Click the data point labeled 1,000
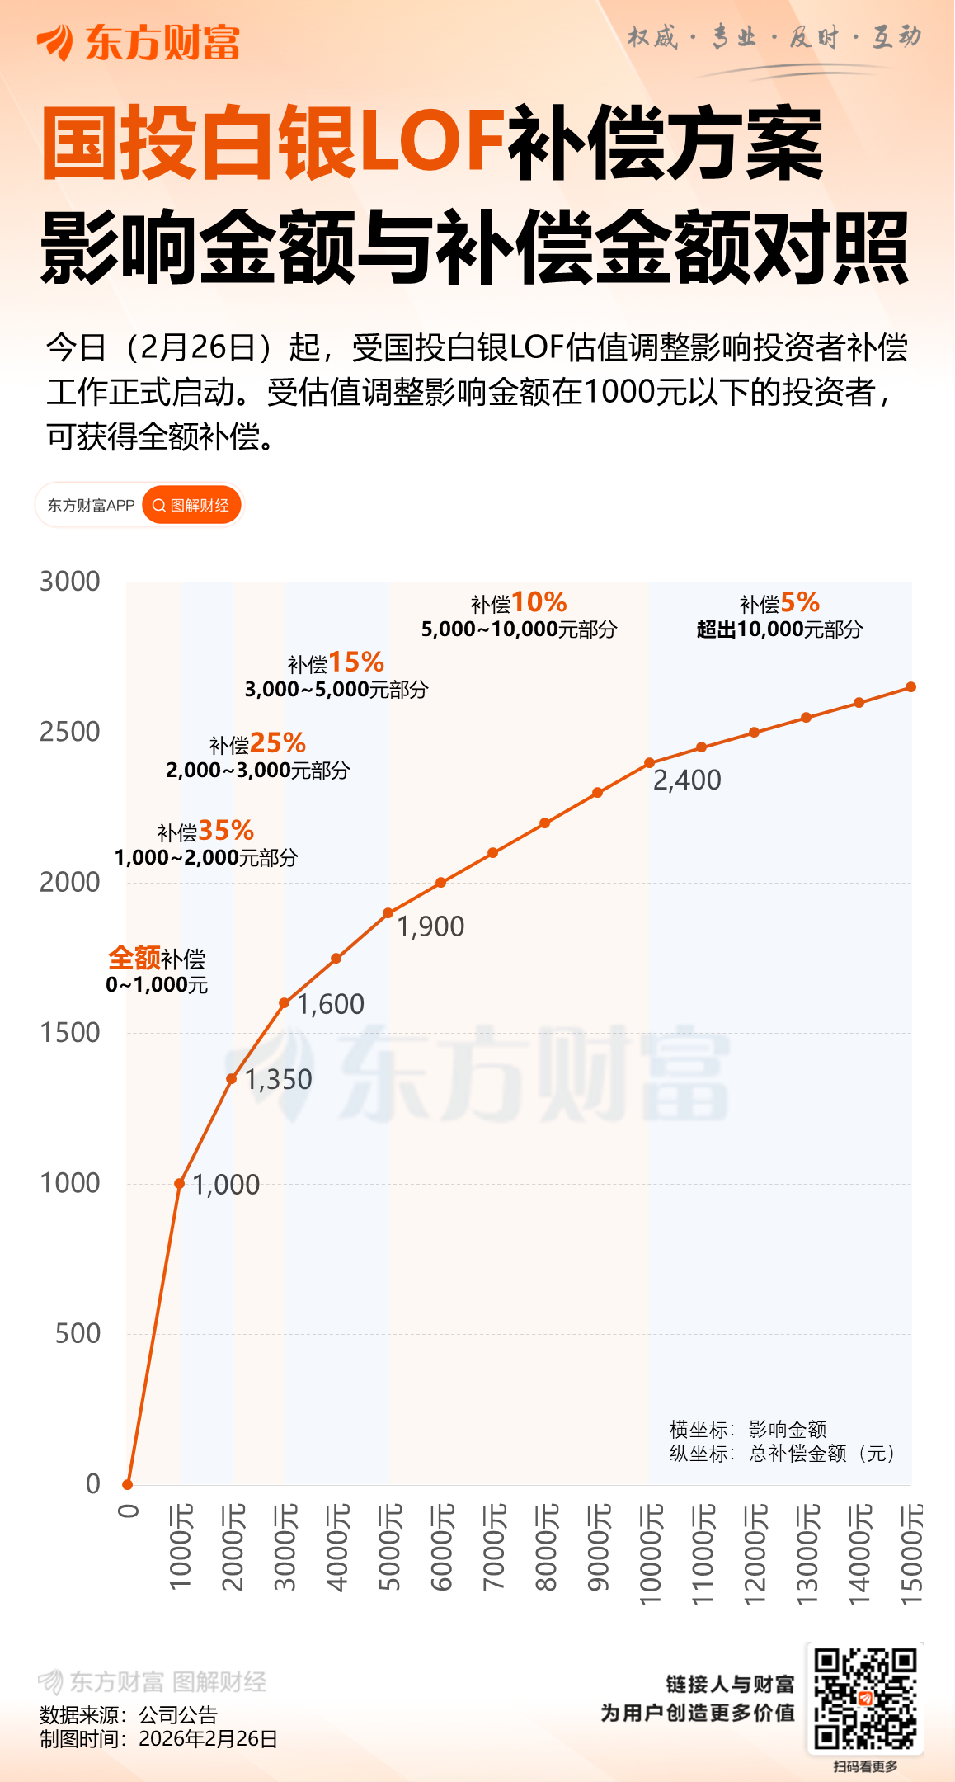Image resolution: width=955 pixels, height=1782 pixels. [180, 1183]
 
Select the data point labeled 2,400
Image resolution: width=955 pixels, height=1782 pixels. [650, 763]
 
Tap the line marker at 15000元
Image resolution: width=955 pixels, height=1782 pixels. [911, 687]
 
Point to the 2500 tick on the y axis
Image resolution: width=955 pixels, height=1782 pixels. [70, 732]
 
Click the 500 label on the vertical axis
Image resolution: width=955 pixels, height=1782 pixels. [78, 1333]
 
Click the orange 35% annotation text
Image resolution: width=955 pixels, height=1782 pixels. [226, 830]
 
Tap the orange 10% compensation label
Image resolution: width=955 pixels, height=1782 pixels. [539, 602]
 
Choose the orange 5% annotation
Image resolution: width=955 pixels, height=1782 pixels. [800, 602]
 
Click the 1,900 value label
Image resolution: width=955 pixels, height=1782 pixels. [430, 926]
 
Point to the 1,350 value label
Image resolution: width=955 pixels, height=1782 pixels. [279, 1079]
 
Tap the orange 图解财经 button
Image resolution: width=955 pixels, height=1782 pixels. [191, 505]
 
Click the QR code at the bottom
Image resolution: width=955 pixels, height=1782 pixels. [865, 1699]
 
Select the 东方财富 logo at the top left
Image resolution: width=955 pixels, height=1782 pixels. [138, 43]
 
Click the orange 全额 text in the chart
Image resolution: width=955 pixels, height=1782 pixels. [134, 958]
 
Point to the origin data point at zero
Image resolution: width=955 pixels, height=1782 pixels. [128, 1484]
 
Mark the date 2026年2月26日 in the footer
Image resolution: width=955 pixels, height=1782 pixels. [208, 1739]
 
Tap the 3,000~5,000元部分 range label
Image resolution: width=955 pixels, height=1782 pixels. [336, 690]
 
